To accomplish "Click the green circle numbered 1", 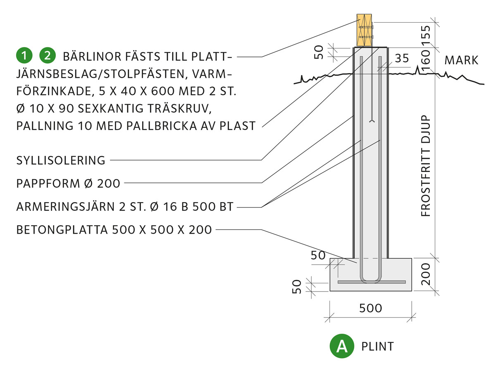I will pyautogui.click(x=25, y=55).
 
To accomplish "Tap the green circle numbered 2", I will pyautogui.click(x=47, y=55).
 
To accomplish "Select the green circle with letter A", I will pyautogui.click(x=342, y=346).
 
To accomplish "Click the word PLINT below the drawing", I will pyautogui.click(x=377, y=346).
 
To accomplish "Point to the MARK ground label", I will pyautogui.click(x=461, y=60).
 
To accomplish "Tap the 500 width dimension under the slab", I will pyautogui.click(x=371, y=308).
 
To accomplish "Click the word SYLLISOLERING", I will pyautogui.click(x=61, y=160).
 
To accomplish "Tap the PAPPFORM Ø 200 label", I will pyautogui.click(x=68, y=183).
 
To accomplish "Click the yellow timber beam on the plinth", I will pyautogui.click(x=364, y=31).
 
